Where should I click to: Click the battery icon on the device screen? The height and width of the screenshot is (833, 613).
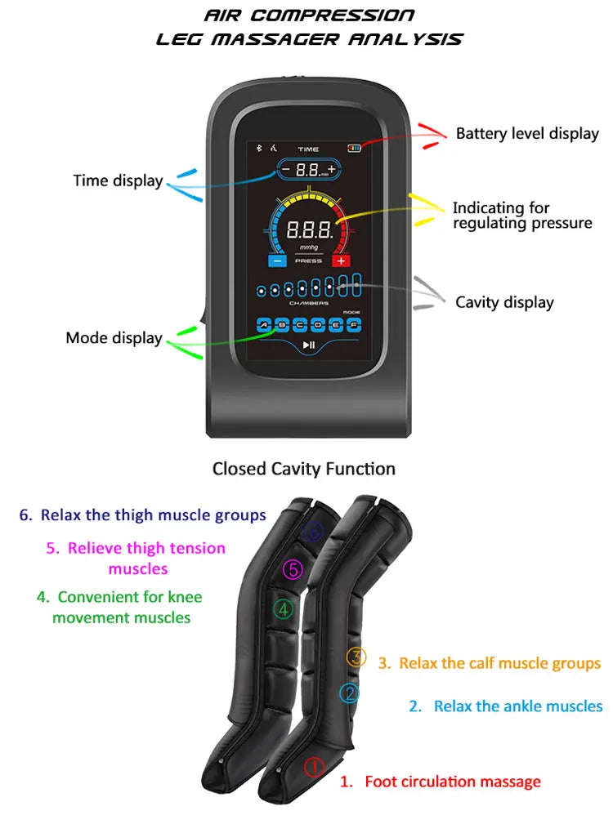[x=353, y=149]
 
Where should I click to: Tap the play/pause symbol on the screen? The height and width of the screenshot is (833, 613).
[x=308, y=345]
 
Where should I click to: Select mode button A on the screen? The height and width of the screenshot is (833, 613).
[x=264, y=324]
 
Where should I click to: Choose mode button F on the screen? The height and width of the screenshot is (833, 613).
[x=353, y=324]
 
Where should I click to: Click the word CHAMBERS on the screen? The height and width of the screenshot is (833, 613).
[x=308, y=303]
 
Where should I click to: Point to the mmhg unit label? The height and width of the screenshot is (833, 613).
[x=308, y=247]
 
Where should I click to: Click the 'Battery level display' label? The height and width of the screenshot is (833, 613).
[x=527, y=134]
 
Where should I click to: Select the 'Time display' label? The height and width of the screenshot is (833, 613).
[x=118, y=181]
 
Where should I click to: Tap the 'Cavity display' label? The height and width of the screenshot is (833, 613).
[x=504, y=303]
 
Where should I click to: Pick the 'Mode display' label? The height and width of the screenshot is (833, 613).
[x=114, y=338]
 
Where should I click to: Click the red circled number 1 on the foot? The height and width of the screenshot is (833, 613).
[x=315, y=767]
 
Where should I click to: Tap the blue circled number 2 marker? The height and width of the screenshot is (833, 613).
[x=349, y=693]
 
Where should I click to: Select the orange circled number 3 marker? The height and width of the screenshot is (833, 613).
[x=356, y=657]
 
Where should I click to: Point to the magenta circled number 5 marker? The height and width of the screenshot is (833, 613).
[x=293, y=569]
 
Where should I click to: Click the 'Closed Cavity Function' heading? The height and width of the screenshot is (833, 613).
[x=304, y=469]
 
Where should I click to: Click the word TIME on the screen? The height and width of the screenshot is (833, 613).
[x=308, y=149]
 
